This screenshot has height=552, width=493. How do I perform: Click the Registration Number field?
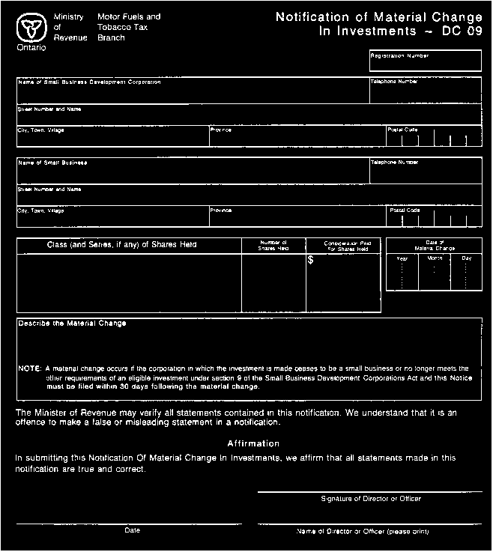[x=425, y=63]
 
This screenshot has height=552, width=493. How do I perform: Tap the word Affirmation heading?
[x=253, y=443]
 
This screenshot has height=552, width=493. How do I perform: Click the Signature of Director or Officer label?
[x=370, y=498]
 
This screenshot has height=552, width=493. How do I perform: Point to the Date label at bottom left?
[x=132, y=530]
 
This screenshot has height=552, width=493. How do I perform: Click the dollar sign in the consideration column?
[x=311, y=261]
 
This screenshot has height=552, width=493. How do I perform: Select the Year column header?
[x=402, y=258]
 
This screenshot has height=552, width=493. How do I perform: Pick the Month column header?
[x=435, y=258]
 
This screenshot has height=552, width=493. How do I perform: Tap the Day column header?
[x=467, y=258]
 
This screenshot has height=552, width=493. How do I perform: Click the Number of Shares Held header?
[x=273, y=246]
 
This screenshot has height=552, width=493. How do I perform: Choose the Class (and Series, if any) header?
[x=122, y=245]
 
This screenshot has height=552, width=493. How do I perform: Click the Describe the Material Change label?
[x=72, y=324]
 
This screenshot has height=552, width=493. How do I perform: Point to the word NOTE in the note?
[x=29, y=368]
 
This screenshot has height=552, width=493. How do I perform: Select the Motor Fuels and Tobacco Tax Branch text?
[x=129, y=26]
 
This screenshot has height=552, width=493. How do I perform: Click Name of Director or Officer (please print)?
[x=363, y=531]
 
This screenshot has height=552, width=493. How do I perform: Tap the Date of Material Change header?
[x=435, y=245]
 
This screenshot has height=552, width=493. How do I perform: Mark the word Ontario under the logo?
[x=31, y=47]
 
